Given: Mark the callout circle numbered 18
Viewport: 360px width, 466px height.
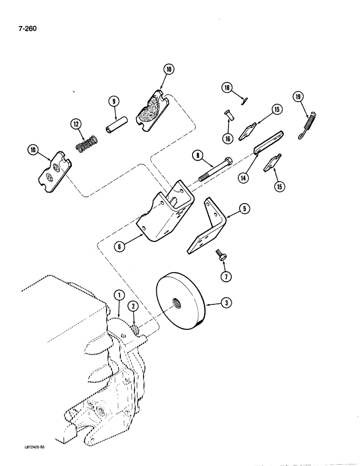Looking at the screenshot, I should click(x=227, y=88).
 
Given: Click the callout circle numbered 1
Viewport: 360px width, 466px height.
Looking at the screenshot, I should click(x=119, y=295).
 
